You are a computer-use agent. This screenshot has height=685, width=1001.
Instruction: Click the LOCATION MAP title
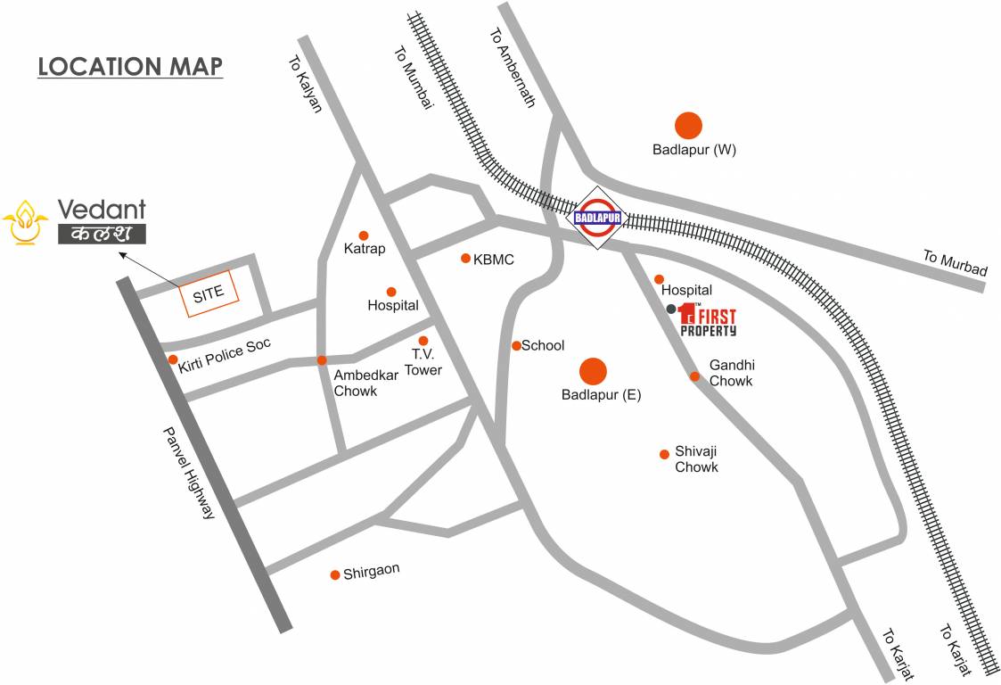pos(130,67)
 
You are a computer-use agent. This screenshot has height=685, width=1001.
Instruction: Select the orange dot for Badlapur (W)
pos(688,126)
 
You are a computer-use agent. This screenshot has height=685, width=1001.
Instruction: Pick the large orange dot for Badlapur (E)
pos(593,371)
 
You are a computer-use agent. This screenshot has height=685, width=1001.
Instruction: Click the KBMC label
pos(494,260)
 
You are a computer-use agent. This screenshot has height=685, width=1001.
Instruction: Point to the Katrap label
pos(365,249)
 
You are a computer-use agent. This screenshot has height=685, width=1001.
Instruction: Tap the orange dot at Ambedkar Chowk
pos(322,360)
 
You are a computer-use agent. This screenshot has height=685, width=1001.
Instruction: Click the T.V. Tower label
pos(423,362)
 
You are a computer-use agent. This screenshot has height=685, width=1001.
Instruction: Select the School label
pos(543,346)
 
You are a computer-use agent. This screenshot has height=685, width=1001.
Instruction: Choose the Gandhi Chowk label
pos(731,373)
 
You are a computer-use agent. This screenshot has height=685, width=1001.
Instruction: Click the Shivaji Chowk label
pos(696,459)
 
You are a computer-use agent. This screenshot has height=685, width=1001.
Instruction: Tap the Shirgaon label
pos(372,573)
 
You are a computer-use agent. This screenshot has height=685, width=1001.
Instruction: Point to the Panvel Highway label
pos(189,473)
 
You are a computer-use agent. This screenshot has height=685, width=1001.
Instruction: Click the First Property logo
pos(707,319)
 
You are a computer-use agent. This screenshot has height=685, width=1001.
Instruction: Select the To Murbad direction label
pos(955,263)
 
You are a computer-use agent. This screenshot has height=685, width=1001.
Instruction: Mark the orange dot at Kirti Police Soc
pos(173,359)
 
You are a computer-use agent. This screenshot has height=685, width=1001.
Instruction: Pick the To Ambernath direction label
pos(512,67)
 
